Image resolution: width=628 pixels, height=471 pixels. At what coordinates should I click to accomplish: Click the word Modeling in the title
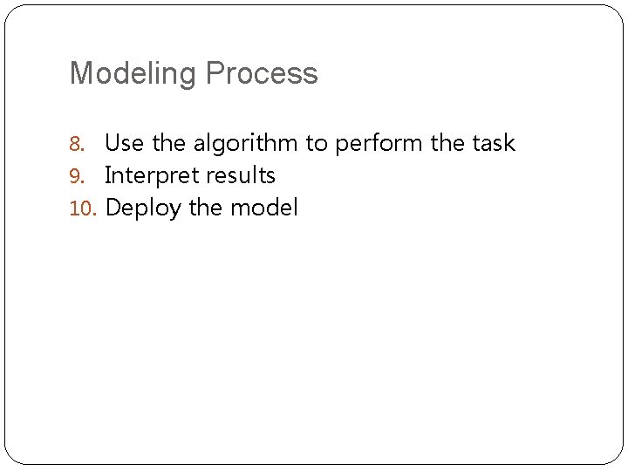[x=133, y=74]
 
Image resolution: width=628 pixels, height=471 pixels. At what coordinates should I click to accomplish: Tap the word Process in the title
[x=263, y=73]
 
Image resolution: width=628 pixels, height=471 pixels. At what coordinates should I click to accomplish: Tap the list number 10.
[x=82, y=208]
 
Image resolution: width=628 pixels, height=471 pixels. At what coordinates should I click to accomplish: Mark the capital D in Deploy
[x=113, y=208]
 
